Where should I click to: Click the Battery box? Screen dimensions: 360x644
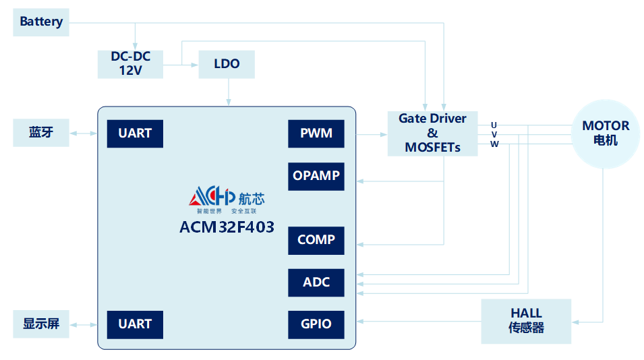click(41, 22)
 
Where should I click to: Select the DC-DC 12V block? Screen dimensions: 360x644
click(130, 63)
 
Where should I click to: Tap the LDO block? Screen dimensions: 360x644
click(227, 64)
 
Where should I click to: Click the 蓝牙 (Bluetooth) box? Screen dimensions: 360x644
click(41, 132)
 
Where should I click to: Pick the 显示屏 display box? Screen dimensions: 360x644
click(41, 324)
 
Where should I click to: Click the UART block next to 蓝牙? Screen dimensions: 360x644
click(135, 133)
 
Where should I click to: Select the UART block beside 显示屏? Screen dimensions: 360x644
click(135, 324)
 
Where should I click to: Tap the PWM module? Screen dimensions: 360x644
click(316, 133)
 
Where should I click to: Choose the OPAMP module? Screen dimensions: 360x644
click(316, 176)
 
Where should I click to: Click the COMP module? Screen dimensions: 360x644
click(316, 240)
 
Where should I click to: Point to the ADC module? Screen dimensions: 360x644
click(316, 282)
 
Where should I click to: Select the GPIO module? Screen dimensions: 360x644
click(316, 324)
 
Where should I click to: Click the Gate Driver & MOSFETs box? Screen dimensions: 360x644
click(432, 133)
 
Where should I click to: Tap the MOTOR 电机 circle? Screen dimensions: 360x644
click(606, 133)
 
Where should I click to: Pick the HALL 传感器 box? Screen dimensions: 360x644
click(526, 321)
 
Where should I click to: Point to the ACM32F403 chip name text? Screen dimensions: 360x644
click(227, 227)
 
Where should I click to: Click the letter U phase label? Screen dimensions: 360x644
click(494, 125)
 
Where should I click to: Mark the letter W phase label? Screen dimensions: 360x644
click(494, 144)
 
